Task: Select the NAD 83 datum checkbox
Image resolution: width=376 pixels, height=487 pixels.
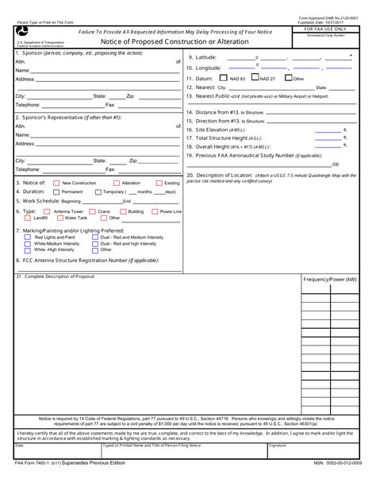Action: point(224,79)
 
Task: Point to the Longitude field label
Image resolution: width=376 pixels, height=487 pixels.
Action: point(207,68)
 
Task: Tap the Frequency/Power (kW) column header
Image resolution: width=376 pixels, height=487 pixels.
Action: point(330,280)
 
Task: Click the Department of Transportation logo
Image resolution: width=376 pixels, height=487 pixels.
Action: point(20,31)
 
